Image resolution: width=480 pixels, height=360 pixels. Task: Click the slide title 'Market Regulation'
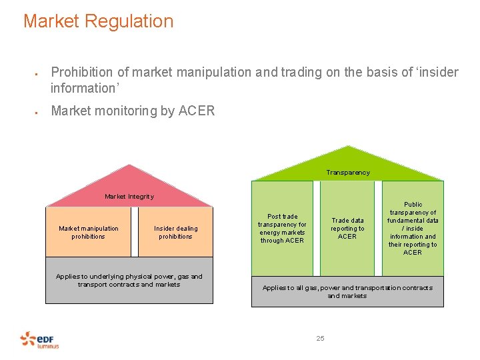pyautogui.click(x=98, y=21)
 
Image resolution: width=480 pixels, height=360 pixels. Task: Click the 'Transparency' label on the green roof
pyautogui.click(x=347, y=173)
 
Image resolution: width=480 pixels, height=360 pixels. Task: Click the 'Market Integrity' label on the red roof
pyautogui.click(x=129, y=197)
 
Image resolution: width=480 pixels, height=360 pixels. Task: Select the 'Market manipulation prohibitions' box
pyautogui.click(x=89, y=232)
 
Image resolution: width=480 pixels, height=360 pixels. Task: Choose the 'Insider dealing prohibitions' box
pyautogui.click(x=176, y=232)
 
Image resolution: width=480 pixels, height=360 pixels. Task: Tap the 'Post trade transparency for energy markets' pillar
pyautogui.click(x=282, y=229)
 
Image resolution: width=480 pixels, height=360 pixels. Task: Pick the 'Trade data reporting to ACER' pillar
pyautogui.click(x=347, y=229)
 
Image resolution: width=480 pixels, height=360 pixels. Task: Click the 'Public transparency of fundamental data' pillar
pyautogui.click(x=413, y=229)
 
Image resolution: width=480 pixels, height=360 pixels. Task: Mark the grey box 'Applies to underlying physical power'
pyautogui.click(x=129, y=280)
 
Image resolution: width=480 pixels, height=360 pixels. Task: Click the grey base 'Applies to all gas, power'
pyautogui.click(x=347, y=292)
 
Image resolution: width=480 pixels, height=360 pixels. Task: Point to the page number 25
pyautogui.click(x=320, y=339)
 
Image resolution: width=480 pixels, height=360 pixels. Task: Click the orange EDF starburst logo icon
pyautogui.click(x=28, y=339)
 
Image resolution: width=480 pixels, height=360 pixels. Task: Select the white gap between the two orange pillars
pyautogui.click(x=134, y=232)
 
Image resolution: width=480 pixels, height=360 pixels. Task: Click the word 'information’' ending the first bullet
pyautogui.click(x=84, y=88)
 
